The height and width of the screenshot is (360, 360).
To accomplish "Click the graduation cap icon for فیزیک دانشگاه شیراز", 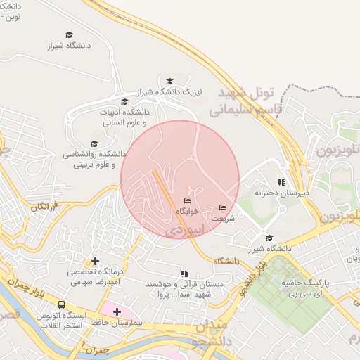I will click(x=169, y=82).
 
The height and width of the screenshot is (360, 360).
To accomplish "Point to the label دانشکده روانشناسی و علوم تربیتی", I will click(x=94, y=159).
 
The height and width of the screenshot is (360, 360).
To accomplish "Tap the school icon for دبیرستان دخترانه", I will click(x=282, y=182).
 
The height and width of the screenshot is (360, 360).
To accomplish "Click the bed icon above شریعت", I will click(x=223, y=207).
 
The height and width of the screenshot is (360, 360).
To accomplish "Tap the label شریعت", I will click(x=223, y=218).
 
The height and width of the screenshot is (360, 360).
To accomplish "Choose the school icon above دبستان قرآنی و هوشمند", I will click(x=184, y=274).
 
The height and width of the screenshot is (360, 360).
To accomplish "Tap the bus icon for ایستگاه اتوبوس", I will click(x=62, y=305).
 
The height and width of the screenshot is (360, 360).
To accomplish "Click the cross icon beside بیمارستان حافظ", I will click(x=117, y=311).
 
